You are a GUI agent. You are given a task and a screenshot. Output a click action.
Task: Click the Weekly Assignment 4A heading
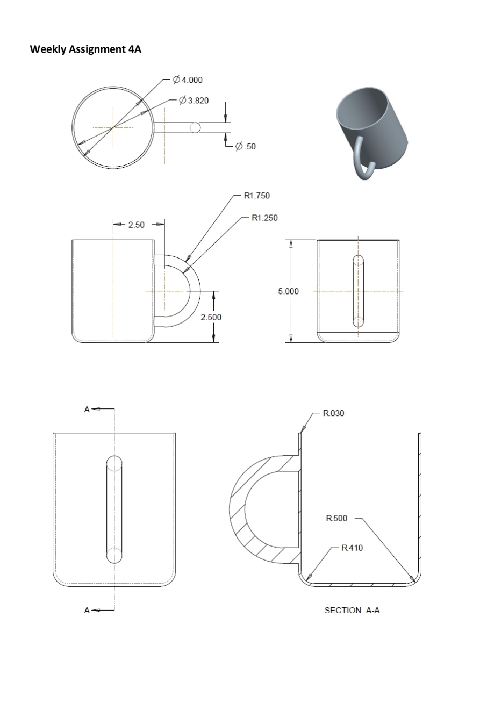85,49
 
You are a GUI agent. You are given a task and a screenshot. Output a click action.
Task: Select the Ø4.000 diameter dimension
188,80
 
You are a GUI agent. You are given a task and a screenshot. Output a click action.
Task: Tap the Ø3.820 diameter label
194,100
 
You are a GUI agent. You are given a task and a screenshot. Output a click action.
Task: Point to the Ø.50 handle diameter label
245,146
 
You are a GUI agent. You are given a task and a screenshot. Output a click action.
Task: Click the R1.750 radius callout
256,196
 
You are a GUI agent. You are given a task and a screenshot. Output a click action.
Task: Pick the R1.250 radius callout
264,218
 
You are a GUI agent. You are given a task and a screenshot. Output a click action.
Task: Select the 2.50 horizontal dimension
137,225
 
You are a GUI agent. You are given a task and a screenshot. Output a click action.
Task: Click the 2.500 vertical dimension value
211,317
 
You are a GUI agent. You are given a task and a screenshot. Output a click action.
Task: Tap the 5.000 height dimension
288,291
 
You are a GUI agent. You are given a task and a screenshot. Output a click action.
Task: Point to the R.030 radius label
333,413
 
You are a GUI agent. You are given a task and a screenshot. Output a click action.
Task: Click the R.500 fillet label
336,518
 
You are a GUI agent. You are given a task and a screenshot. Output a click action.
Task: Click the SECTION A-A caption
352,610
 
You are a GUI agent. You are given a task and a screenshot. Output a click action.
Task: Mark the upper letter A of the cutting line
87,409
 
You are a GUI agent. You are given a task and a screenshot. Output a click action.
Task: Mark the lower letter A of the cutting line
87,610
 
